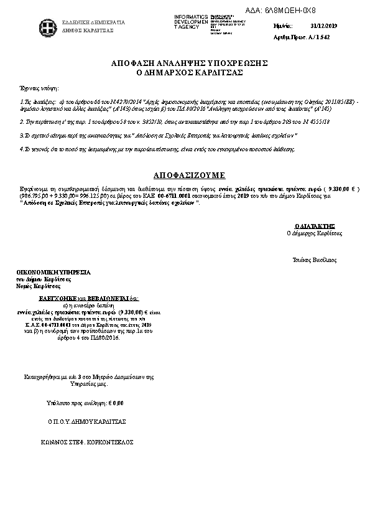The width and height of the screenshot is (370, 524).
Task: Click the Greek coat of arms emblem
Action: tap(45, 26)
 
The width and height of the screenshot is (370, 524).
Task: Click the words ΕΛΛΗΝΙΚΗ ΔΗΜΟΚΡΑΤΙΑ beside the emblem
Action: tap(93, 22)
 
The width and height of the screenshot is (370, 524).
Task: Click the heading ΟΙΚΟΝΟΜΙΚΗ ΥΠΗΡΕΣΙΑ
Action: tap(53, 273)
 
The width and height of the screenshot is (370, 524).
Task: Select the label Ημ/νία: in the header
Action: tap(283, 27)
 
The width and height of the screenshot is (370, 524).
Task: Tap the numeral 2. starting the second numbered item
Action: tap(22, 121)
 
